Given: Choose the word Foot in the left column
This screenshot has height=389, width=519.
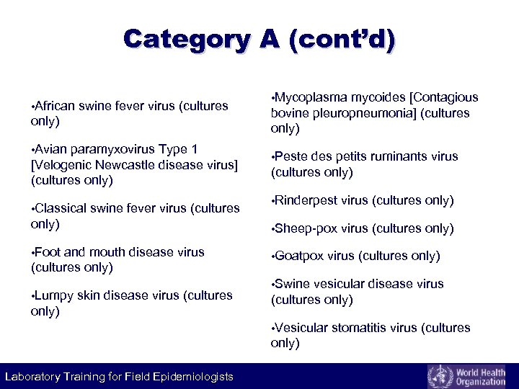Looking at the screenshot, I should click(x=48, y=252).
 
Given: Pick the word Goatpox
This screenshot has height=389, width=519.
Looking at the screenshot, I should click(x=299, y=256).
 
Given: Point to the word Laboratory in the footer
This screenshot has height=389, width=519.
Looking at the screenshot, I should click(x=33, y=377).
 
